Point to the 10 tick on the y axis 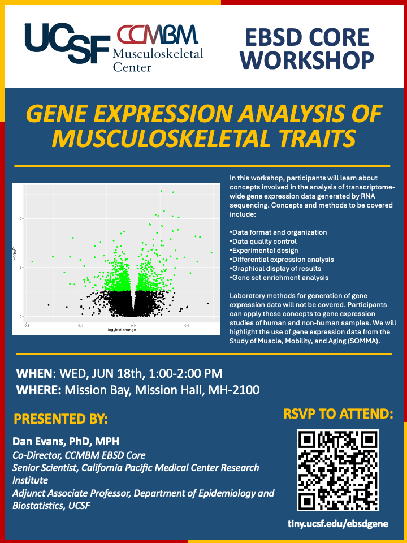(20, 218)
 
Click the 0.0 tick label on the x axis (133, 326)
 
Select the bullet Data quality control (263, 241)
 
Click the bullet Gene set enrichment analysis (279, 277)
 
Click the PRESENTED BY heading (60, 419)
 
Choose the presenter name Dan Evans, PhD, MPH (66, 442)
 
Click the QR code (338, 470)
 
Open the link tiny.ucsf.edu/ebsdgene (338, 524)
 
